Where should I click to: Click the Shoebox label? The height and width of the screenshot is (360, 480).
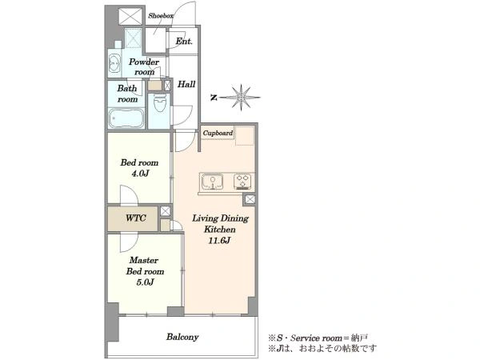[x=161, y=16]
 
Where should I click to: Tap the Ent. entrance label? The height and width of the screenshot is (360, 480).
[x=184, y=41]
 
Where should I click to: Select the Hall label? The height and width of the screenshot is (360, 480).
[x=186, y=84]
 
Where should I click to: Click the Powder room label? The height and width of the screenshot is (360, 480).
[x=144, y=66]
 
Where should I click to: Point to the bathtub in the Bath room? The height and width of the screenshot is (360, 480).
[x=126, y=118]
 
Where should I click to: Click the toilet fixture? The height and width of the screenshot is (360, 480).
[x=159, y=103]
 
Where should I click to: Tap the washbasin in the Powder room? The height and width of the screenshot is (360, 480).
[x=114, y=64]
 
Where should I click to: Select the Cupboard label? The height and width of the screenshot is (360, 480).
[x=218, y=133]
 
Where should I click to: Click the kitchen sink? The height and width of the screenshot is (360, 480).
[x=212, y=182]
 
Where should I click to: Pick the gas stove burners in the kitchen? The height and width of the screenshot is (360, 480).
[x=242, y=182]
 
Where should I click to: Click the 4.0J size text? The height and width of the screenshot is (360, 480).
[x=140, y=174]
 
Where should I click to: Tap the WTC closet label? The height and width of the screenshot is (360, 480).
[x=136, y=218]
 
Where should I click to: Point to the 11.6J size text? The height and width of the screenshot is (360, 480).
[x=219, y=241]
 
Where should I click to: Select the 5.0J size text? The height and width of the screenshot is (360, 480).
[x=145, y=282]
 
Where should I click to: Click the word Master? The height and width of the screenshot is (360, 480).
[x=143, y=260]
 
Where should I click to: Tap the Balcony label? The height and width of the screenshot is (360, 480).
[x=182, y=337]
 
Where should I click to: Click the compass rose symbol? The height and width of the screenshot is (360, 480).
[x=241, y=98]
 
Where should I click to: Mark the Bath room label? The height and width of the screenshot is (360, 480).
[x=127, y=94]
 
